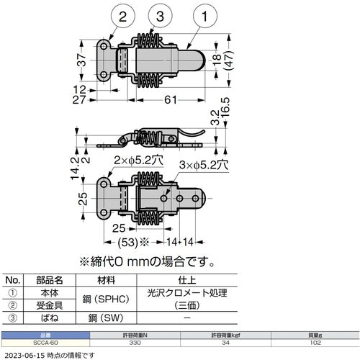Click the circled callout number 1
[x=205, y=16]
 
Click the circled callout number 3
[x=140, y=16]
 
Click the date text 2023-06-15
[x=26, y=356]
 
